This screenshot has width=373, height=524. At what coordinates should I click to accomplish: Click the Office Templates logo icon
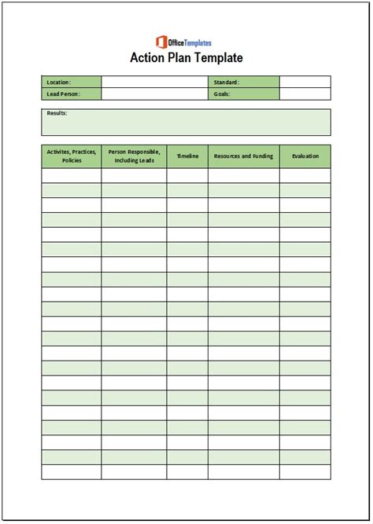162,42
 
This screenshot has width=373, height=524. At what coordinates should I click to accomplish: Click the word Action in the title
148,57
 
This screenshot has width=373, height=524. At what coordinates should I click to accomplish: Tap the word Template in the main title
218,57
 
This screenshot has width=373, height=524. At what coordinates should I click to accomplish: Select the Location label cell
71,82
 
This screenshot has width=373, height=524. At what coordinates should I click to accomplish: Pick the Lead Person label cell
71,93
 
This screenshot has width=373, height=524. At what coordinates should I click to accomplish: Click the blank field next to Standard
305,82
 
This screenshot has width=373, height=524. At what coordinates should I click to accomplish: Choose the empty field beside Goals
305,93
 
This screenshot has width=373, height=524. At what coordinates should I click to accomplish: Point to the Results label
57,114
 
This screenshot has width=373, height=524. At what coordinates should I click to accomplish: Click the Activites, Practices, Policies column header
71,156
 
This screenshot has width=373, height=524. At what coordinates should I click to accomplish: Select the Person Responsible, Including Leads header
134,156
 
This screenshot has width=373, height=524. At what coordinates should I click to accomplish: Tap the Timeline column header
187,156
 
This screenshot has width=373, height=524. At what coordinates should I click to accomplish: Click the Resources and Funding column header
243,156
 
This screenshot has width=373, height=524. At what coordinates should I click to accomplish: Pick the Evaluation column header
305,156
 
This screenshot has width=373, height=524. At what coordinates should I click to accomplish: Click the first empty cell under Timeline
187,175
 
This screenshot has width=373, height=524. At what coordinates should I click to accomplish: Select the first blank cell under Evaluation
305,175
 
